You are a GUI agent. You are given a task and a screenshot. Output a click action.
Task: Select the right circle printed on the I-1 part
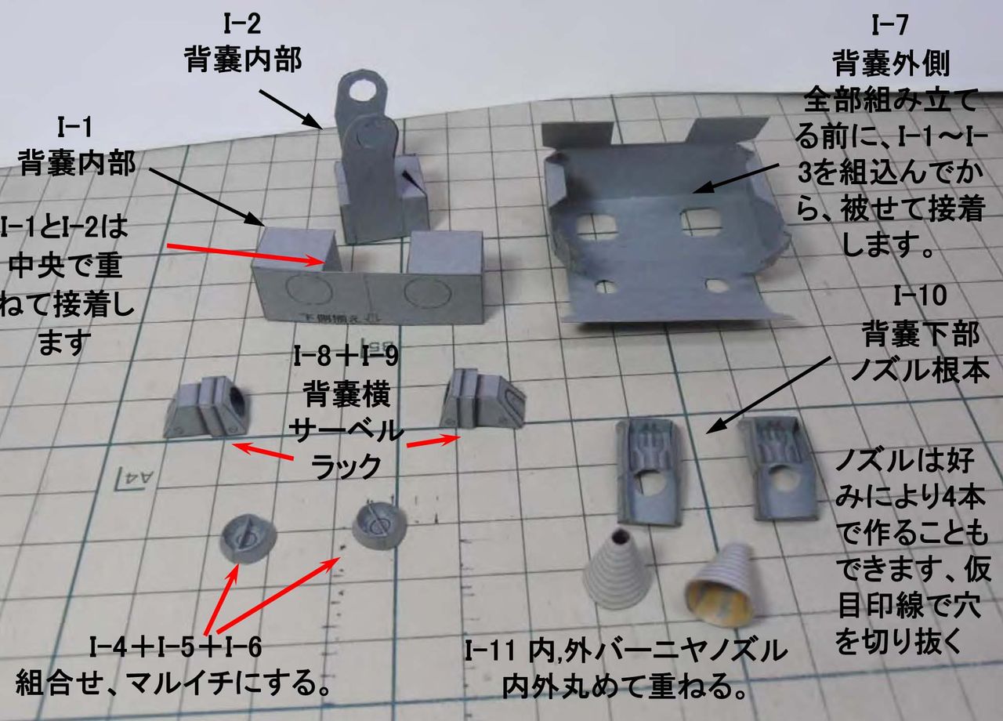423,295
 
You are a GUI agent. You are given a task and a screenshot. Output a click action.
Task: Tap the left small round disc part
248,536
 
